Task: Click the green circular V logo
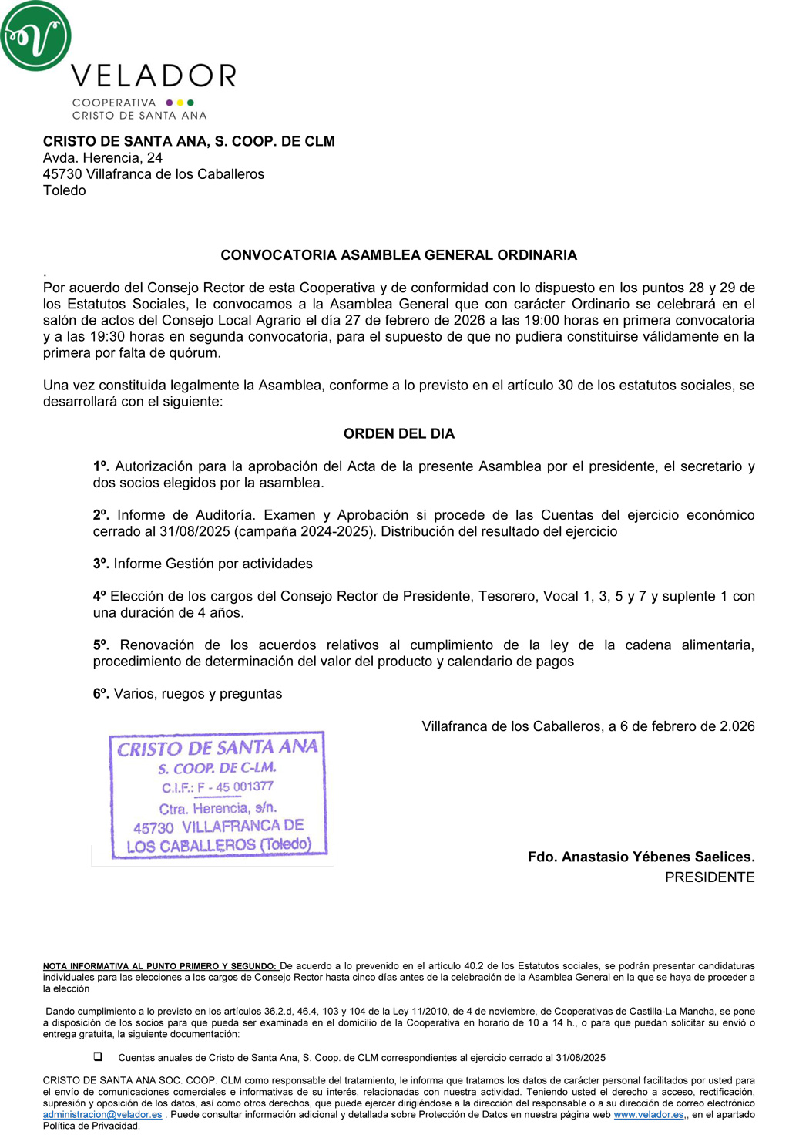[35, 35]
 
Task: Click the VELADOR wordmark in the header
[153, 76]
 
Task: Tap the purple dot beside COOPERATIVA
[170, 103]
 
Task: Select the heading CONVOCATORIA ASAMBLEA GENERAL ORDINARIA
[398, 255]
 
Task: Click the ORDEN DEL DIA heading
[398, 434]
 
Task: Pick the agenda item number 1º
[101, 466]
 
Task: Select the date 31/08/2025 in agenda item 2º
[193, 532]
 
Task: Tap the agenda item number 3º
[101, 564]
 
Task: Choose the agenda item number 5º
[101, 645]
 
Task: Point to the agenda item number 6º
[101, 694]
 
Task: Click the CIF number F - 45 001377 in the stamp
[235, 787]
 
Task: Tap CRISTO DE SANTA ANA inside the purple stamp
[217, 747]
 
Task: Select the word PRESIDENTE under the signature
[710, 877]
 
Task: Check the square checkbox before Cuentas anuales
[98, 1057]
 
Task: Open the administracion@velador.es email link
[102, 1115]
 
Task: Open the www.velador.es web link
[648, 1115]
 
